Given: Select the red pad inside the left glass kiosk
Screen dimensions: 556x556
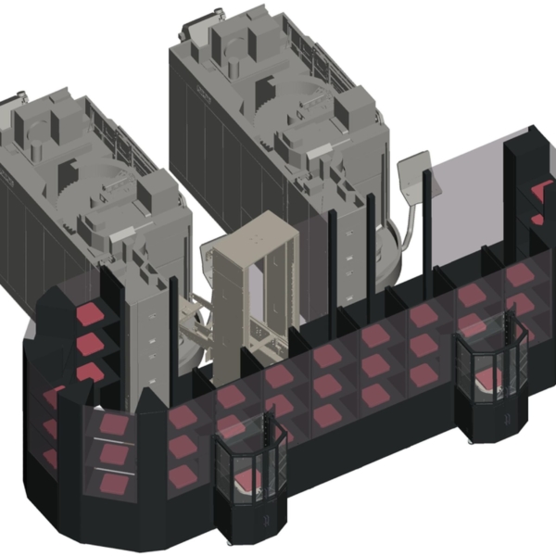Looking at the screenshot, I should (248, 479).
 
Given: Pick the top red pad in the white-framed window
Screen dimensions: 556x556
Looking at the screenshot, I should (114, 424).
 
